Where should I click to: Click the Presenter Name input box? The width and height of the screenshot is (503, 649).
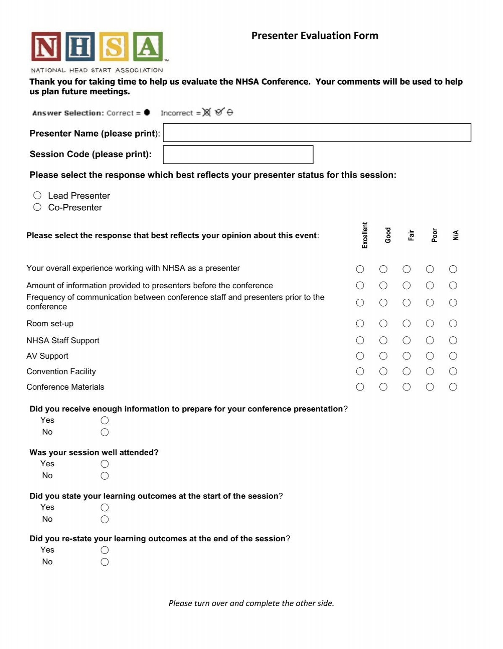317,132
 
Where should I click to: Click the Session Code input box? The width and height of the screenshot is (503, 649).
238,155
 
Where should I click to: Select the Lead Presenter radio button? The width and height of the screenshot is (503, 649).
37,195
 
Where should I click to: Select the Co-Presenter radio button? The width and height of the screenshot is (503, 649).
37,207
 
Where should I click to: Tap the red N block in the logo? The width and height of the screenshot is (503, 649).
46,47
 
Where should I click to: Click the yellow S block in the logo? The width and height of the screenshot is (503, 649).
114,47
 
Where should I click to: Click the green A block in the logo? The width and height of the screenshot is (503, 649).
148,47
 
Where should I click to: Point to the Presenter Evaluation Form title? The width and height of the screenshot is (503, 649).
314,36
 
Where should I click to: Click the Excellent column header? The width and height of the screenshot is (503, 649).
365,235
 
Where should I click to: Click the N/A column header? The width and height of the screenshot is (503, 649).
456,235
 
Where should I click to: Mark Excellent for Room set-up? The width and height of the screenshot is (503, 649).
360,323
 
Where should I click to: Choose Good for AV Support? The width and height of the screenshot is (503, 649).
383,356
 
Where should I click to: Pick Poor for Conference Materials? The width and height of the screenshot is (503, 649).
430,387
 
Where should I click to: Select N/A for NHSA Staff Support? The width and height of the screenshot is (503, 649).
453,340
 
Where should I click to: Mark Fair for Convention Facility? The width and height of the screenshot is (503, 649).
406,371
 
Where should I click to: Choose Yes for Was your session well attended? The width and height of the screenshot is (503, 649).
105,464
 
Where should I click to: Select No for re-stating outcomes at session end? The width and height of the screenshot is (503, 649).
105,562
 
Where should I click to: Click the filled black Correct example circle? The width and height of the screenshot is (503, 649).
147,112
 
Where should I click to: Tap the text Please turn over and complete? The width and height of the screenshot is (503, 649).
251,603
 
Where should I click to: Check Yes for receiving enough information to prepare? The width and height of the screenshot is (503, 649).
105,420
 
